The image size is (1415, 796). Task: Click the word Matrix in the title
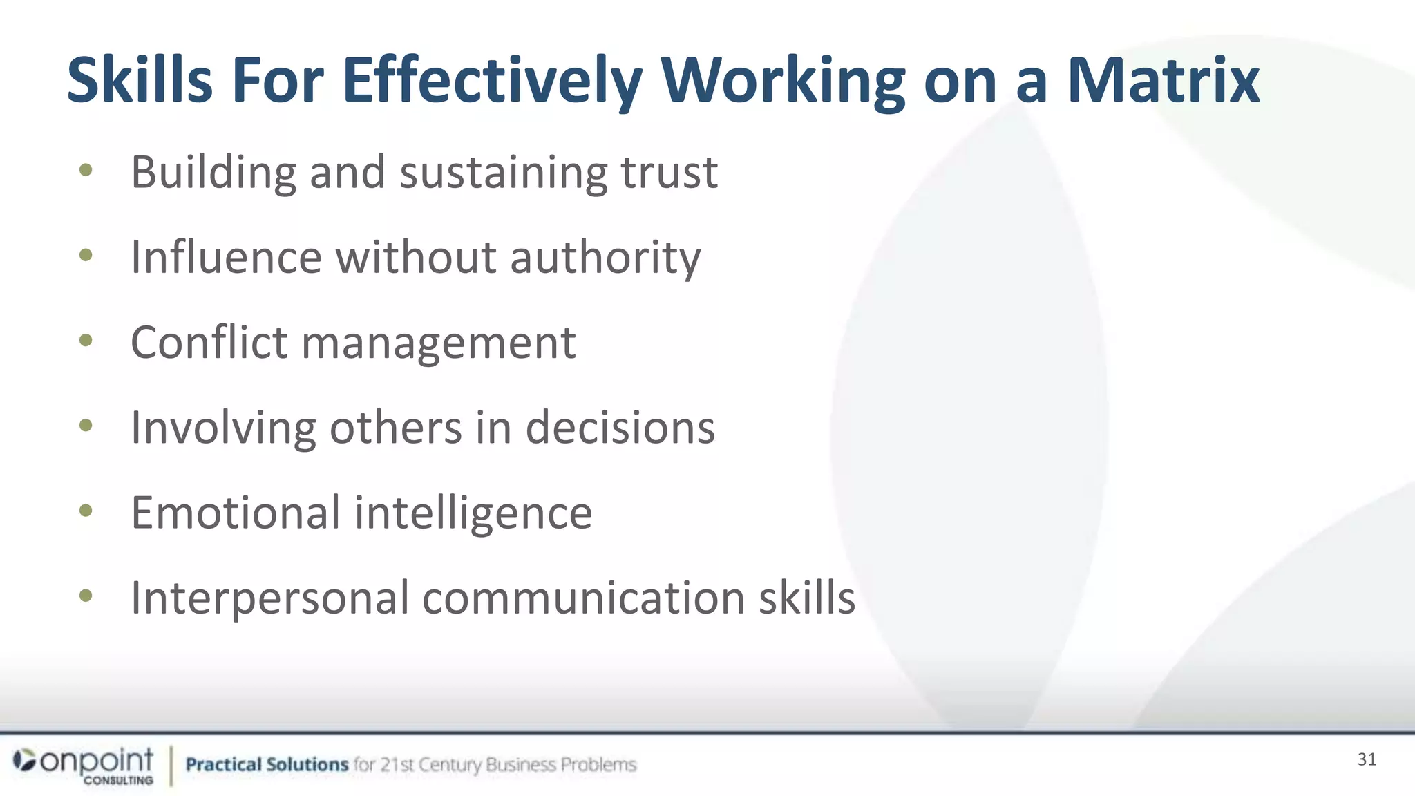click(x=1164, y=81)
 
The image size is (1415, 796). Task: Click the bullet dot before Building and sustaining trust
click(x=86, y=170)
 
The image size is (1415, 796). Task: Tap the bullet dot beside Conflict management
click(x=86, y=340)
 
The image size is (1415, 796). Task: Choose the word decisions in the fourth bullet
click(x=620, y=428)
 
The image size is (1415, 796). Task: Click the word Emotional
click(x=236, y=513)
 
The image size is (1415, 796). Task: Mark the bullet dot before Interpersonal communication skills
click(x=86, y=596)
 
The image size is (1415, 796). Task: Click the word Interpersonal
click(x=270, y=598)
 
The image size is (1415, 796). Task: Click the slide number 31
click(x=1367, y=759)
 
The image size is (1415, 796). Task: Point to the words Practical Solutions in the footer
click(x=267, y=764)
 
